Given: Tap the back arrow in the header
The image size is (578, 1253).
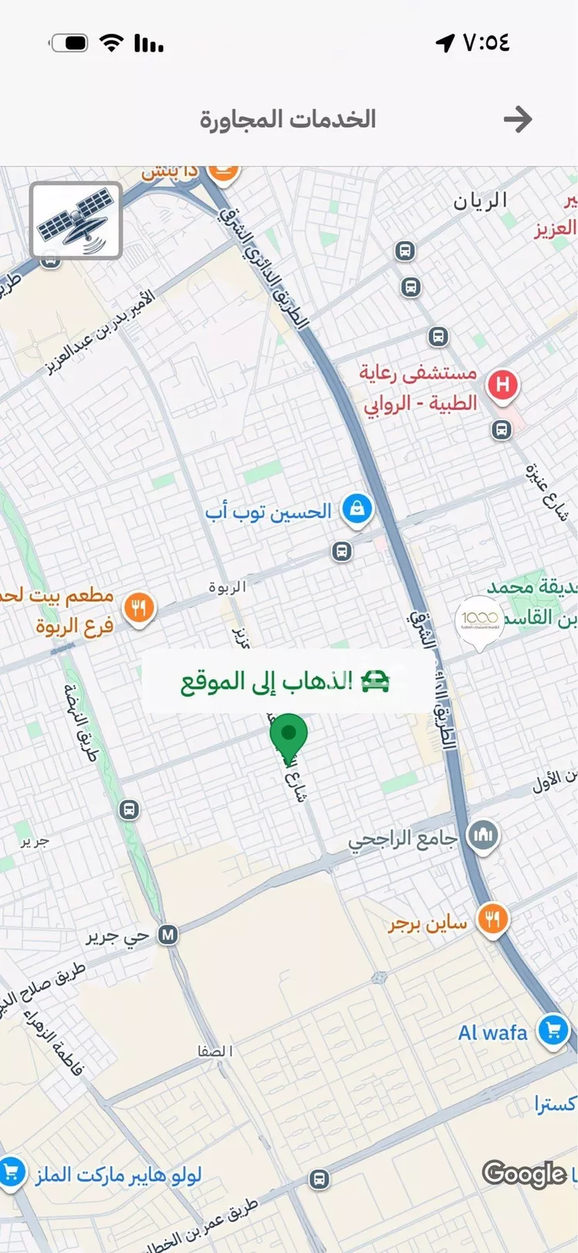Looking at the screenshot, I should (517, 119).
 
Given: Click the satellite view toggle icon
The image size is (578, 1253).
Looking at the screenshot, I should (76, 220).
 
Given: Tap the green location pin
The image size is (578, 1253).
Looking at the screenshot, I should (289, 737).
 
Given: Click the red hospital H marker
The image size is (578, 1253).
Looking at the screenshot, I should (502, 384).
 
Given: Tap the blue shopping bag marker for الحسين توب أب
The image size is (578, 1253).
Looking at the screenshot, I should (357, 509).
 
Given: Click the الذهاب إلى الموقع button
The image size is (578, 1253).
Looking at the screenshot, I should (286, 681).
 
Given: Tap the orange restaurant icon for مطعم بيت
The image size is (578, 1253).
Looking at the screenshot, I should (139, 609).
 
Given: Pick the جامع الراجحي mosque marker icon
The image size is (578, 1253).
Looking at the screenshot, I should (483, 835).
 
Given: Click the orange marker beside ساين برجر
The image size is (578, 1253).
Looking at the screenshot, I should (492, 919).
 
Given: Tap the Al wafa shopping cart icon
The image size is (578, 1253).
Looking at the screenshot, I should (553, 1030).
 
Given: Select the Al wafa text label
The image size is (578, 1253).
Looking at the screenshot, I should (492, 1033).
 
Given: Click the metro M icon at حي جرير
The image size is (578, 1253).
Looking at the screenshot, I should (167, 935).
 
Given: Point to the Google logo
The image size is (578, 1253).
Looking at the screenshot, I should (524, 1174).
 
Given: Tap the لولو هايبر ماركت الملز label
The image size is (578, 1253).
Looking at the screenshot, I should (119, 1174).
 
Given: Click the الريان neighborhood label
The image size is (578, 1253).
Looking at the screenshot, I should (479, 202).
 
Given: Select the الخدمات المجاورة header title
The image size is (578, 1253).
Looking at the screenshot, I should (287, 119).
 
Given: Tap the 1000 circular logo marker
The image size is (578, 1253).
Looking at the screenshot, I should (479, 618).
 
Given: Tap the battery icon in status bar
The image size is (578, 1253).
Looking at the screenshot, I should (70, 43).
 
